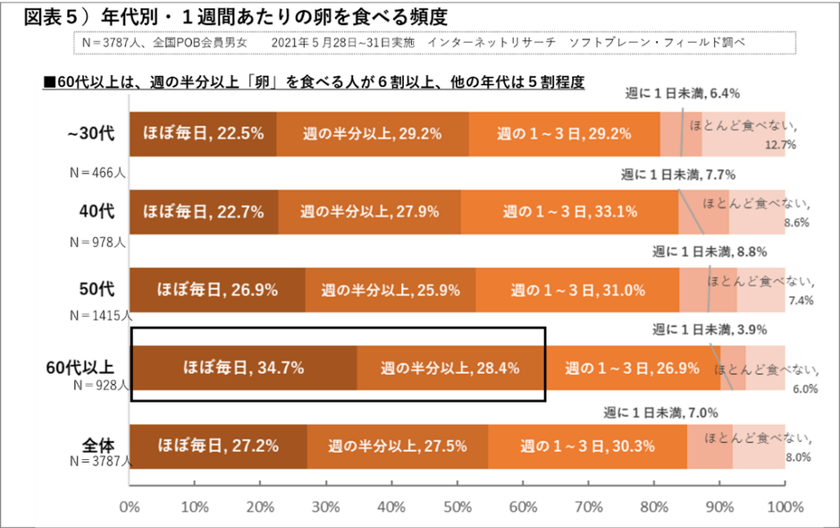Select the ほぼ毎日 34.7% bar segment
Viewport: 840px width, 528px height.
pyautogui.click(x=244, y=368)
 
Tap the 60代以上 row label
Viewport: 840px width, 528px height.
pyautogui.click(x=81, y=367)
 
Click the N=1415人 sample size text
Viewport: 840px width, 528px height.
pyautogui.click(x=101, y=316)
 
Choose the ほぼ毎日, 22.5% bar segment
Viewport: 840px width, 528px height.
pyautogui.click(x=204, y=134)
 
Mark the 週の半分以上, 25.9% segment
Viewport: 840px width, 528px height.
pyautogui.click(x=391, y=290)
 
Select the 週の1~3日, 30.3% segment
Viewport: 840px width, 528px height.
pyautogui.click(x=586, y=445)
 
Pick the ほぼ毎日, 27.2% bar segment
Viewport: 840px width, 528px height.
pyautogui.click(x=219, y=445)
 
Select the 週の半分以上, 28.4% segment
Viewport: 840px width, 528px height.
pyautogui.click(x=450, y=368)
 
